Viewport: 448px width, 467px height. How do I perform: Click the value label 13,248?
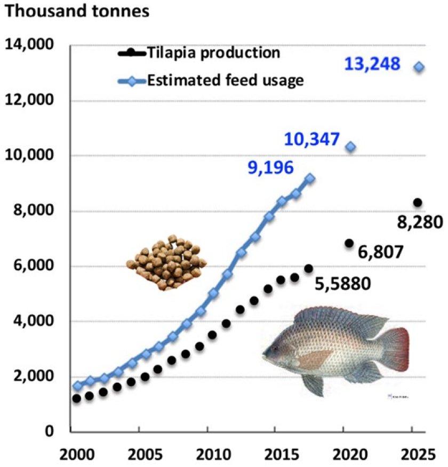372,65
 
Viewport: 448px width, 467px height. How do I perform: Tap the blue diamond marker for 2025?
419,67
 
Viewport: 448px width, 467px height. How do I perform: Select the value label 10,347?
311,140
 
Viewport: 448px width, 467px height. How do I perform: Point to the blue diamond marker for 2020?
351,147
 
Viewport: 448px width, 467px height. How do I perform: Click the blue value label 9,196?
270,168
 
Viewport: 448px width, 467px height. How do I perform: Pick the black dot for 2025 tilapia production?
418,202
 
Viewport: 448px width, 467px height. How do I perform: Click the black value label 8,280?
421,221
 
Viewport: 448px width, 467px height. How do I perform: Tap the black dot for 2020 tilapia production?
349,243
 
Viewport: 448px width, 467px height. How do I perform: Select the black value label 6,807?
380,252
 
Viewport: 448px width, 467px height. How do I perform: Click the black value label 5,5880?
342,284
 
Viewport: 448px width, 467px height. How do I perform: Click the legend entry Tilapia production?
213,53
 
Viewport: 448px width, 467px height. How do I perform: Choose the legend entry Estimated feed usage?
225,80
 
